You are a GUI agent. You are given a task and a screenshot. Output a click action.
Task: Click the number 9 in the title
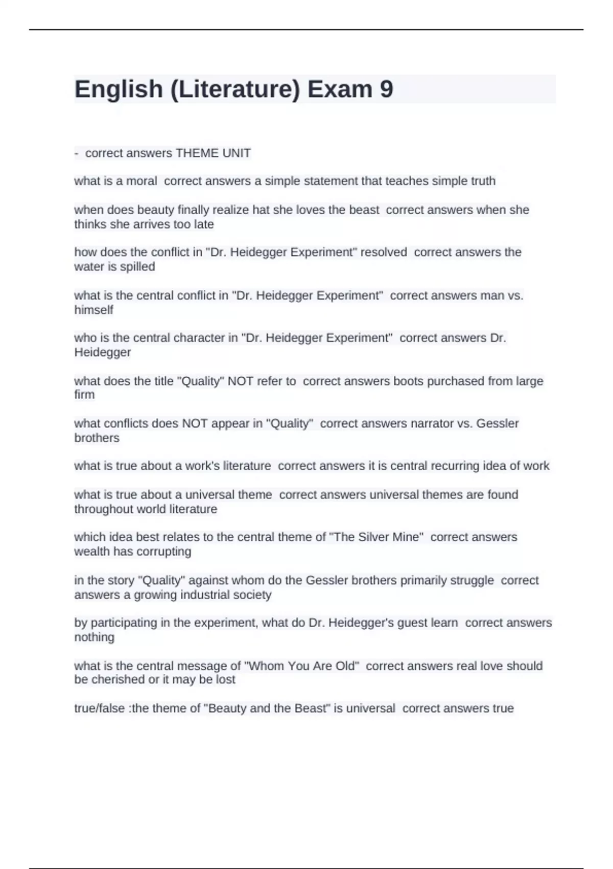[387, 89]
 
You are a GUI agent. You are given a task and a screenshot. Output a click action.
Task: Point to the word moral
[142, 181]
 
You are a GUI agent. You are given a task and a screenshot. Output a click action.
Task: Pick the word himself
[93, 310]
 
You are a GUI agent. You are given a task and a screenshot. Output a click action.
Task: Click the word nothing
[94, 637]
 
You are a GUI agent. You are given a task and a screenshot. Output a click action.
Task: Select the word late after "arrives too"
[204, 224]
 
